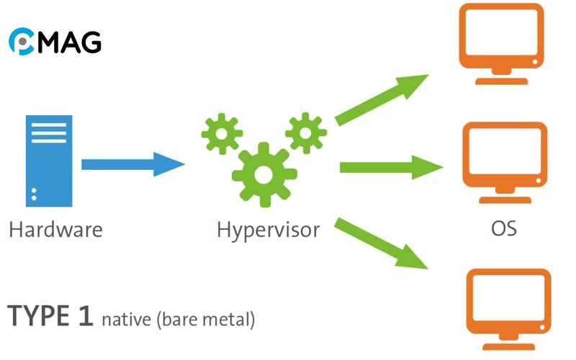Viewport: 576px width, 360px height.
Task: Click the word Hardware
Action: coord(55,230)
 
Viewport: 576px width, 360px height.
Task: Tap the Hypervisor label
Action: coord(269,230)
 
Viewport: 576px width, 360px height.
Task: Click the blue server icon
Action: coord(49,159)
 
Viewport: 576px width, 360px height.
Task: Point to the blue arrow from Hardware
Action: coord(133,164)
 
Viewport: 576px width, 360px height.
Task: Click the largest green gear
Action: coord(264,173)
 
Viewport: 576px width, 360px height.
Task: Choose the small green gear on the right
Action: coord(306,131)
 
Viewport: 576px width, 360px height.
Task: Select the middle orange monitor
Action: coord(503,159)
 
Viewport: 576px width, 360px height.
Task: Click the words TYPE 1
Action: coord(50,316)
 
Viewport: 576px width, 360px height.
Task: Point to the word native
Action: coord(125,318)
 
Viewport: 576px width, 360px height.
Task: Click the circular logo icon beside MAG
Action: coord(22,42)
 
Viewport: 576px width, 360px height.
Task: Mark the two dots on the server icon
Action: coord(34,192)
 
